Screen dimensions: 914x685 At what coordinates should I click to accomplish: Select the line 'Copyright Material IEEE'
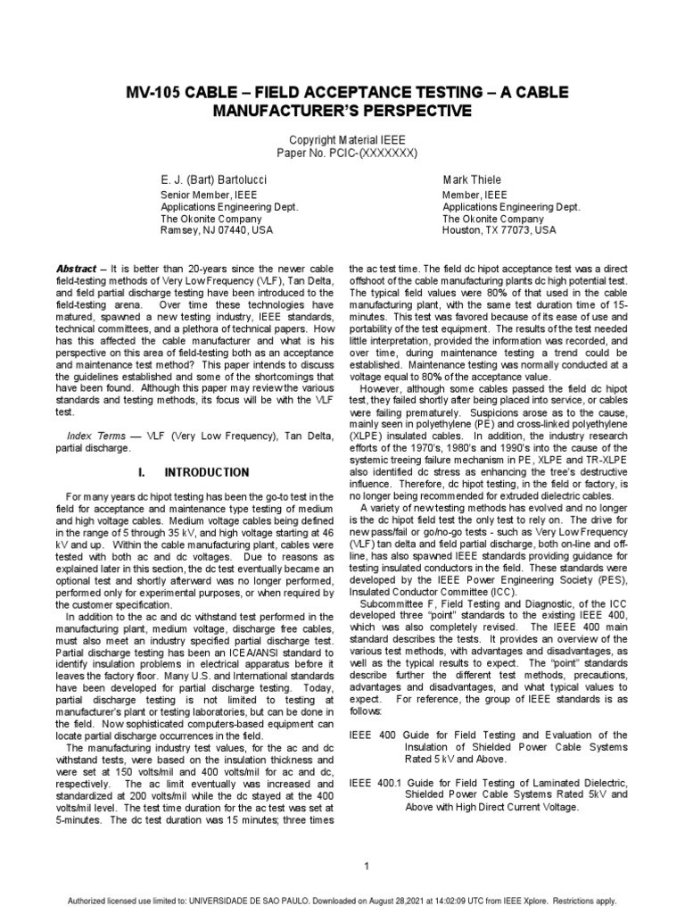click(342, 141)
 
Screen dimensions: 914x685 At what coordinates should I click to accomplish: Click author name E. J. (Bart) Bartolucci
click(213, 179)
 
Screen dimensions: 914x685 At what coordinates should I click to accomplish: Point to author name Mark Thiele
click(475, 179)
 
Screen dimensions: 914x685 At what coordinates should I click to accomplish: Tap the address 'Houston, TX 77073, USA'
click(499, 229)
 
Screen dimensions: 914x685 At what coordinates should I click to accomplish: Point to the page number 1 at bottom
click(342, 865)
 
